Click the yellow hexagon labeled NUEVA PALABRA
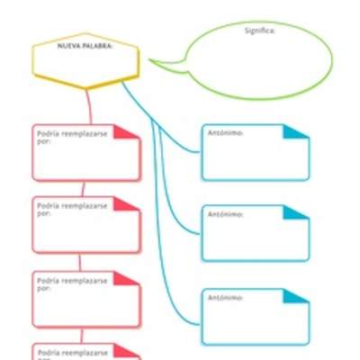tap(86, 63)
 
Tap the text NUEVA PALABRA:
tap(85, 44)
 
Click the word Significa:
tap(261, 30)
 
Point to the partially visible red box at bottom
tap(86, 352)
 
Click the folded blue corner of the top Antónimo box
tap(298, 131)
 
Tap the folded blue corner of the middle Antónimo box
tap(298, 212)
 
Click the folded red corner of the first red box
tap(129, 131)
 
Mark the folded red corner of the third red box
tap(129, 278)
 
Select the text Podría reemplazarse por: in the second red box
tap(72, 209)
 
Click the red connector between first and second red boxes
tap(84, 189)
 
